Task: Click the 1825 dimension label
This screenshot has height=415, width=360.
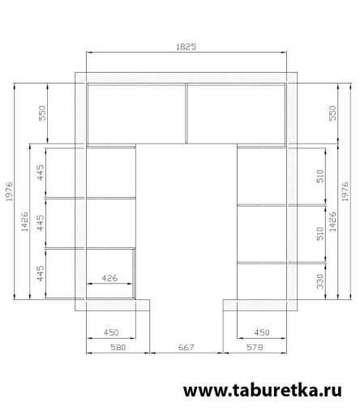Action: click(x=186, y=47)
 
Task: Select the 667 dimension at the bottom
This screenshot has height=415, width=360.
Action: click(x=186, y=347)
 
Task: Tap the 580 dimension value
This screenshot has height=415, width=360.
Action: click(x=118, y=347)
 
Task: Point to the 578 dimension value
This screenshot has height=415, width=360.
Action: click(x=255, y=347)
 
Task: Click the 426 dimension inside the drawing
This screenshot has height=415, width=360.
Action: click(x=109, y=278)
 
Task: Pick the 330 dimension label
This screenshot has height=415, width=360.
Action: click(x=320, y=281)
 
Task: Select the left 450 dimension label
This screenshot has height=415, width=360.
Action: click(x=111, y=332)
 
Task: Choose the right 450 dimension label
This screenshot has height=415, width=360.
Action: click(x=262, y=332)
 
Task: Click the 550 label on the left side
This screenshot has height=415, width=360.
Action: click(x=43, y=113)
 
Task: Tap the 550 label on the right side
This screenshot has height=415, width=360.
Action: click(x=333, y=113)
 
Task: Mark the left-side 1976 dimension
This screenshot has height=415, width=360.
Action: click(x=9, y=191)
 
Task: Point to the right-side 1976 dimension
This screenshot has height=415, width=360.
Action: click(x=345, y=191)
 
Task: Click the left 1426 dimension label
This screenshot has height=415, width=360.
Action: click(x=24, y=221)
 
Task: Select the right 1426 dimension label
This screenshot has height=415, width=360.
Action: click(x=333, y=221)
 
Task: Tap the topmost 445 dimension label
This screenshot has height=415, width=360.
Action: click(x=41, y=173)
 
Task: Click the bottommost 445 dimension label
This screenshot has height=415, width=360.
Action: click(x=41, y=273)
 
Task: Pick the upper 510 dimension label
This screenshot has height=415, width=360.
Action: click(x=320, y=176)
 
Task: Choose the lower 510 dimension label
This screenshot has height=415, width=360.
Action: click(x=320, y=233)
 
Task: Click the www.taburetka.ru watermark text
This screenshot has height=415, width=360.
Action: click(x=263, y=391)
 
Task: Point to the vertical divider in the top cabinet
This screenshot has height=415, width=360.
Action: click(x=186, y=113)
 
